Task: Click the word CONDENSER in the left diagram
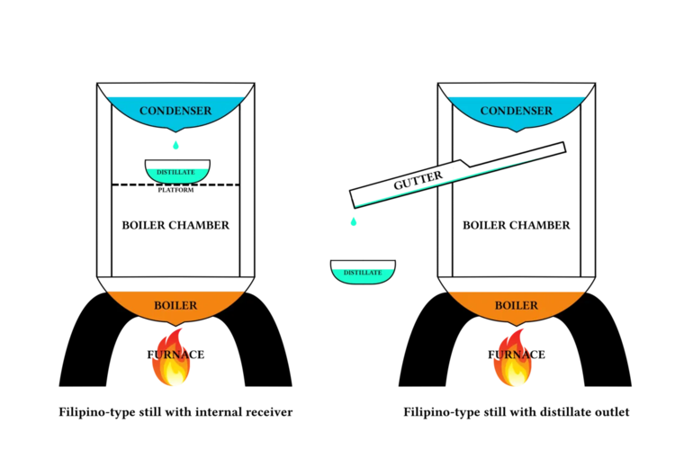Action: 175,111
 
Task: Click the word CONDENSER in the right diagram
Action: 516,111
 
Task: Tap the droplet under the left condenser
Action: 176,144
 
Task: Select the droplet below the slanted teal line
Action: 354,221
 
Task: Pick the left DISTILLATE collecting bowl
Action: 177,173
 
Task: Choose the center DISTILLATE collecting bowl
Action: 363,274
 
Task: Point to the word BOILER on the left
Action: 175,305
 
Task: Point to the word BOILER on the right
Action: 516,305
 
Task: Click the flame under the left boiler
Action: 172,360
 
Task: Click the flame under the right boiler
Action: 513,360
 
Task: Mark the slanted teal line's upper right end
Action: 562,149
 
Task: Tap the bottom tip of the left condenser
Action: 175,131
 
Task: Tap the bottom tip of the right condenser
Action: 516,131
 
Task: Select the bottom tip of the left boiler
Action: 175,325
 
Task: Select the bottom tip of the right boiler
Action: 516,325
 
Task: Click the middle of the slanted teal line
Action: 459,177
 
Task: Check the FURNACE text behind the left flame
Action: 172,355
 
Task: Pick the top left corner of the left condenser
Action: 108,96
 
